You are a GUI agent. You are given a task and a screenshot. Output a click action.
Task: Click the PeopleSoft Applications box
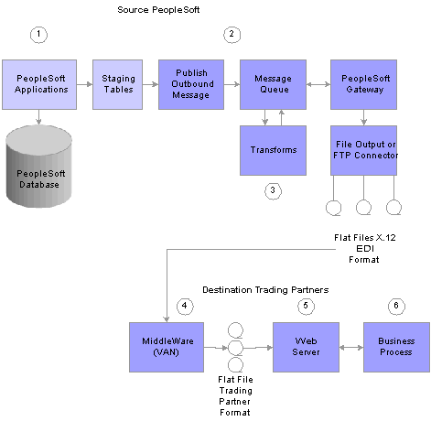[x=39, y=84]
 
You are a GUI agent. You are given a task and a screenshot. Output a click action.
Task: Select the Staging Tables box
[x=117, y=84]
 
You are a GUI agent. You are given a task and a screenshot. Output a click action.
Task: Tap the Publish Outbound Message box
[x=191, y=84]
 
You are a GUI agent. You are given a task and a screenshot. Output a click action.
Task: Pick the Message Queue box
[x=273, y=84]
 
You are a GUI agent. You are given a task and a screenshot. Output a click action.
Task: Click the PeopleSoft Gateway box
[x=363, y=84]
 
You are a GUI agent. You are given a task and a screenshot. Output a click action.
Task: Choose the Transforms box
[x=273, y=150]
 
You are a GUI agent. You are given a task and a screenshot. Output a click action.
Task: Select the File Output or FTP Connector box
[x=363, y=150]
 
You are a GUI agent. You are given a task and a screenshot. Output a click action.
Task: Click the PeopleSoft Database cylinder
[x=39, y=167]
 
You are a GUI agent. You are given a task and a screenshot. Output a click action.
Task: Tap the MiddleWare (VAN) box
[x=167, y=347]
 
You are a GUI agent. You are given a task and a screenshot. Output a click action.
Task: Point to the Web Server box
[x=306, y=347]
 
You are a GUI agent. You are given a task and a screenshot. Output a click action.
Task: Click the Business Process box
[x=396, y=347]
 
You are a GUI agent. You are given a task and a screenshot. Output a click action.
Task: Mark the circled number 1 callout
[x=38, y=35]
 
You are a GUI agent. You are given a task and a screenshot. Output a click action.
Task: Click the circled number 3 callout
[x=273, y=191]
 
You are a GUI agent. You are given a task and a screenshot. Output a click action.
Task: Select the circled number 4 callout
[x=185, y=307]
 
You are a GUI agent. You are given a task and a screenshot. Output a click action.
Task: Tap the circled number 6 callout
[x=396, y=307]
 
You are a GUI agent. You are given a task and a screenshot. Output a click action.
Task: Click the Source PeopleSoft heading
[x=158, y=10]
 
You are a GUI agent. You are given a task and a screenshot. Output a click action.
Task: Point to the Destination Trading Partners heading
[x=265, y=290]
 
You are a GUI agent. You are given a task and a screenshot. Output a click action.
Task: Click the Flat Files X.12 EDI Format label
[x=365, y=249]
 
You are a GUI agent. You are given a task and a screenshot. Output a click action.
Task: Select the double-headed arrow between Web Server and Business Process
[x=351, y=347]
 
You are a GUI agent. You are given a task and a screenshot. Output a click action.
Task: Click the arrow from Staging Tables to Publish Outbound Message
[x=150, y=84]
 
